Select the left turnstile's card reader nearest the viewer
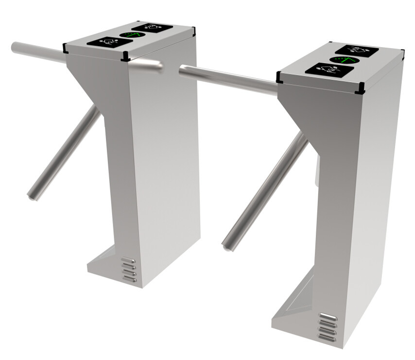(109, 42)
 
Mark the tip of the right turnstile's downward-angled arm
(226, 246)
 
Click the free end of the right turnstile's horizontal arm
(182, 70)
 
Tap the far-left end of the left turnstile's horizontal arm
(14, 47)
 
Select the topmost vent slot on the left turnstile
(128, 260)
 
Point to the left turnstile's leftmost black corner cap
(65, 47)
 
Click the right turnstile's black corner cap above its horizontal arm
(279, 77)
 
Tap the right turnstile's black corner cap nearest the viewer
(361, 89)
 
